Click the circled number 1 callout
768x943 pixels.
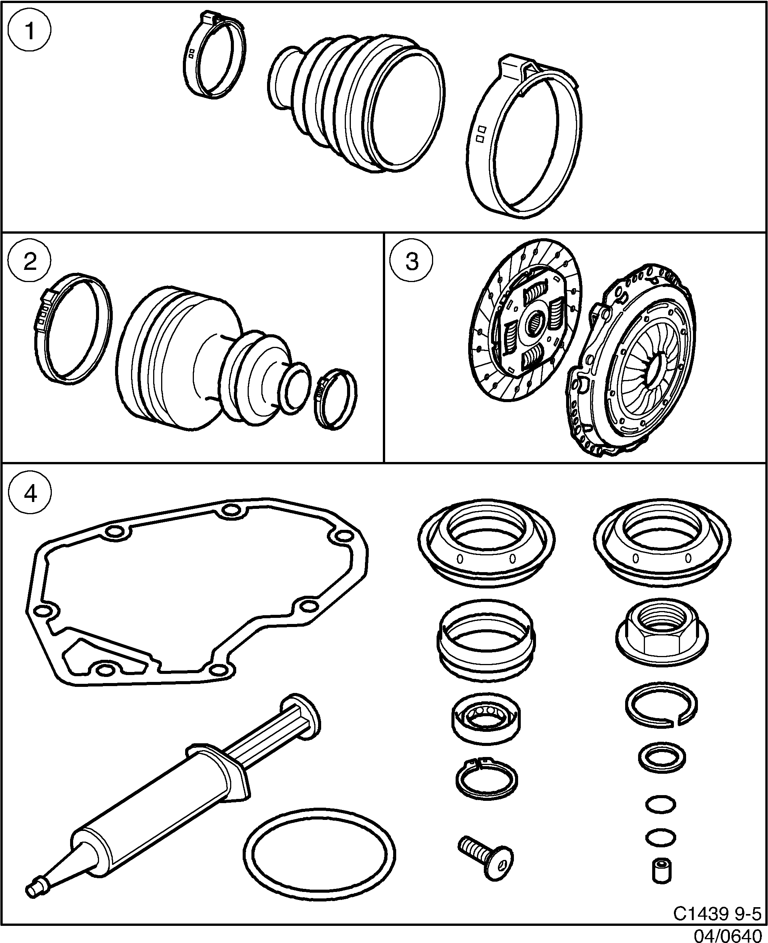point(30,31)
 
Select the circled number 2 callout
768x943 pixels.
point(30,261)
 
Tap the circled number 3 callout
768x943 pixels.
point(412,261)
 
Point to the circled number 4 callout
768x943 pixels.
point(30,492)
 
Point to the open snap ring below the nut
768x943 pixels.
point(661,705)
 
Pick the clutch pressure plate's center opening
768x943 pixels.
point(654,369)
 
